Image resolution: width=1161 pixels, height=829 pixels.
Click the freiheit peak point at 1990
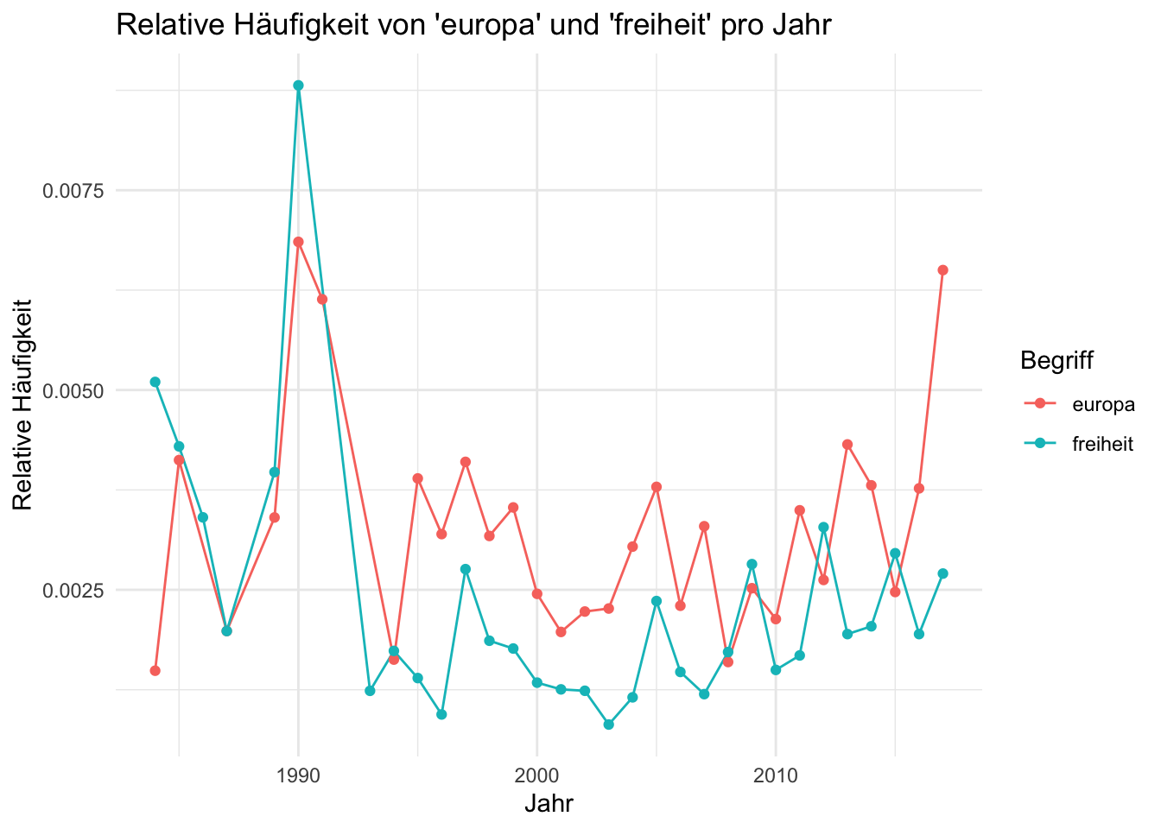point(298,85)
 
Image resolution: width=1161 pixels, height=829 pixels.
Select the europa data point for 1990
point(298,242)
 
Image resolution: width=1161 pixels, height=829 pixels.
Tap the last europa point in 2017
point(942,270)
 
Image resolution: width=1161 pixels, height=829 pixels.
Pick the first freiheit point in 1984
point(155,382)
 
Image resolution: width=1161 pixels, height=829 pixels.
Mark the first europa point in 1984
point(155,670)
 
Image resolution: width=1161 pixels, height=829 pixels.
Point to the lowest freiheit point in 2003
point(608,725)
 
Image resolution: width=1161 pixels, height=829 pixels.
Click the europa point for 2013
point(847,444)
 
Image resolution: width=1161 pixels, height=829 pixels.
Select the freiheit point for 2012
point(823,527)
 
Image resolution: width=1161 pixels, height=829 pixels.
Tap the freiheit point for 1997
point(466,569)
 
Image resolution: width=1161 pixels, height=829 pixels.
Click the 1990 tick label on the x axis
point(298,775)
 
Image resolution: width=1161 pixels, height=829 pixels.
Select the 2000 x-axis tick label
point(537,775)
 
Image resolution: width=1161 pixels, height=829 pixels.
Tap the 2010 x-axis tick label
point(776,775)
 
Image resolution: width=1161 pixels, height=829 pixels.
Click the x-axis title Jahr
point(549,804)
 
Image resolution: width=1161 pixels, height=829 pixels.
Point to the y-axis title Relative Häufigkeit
point(22,405)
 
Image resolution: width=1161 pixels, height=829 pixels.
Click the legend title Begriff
point(1056,360)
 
